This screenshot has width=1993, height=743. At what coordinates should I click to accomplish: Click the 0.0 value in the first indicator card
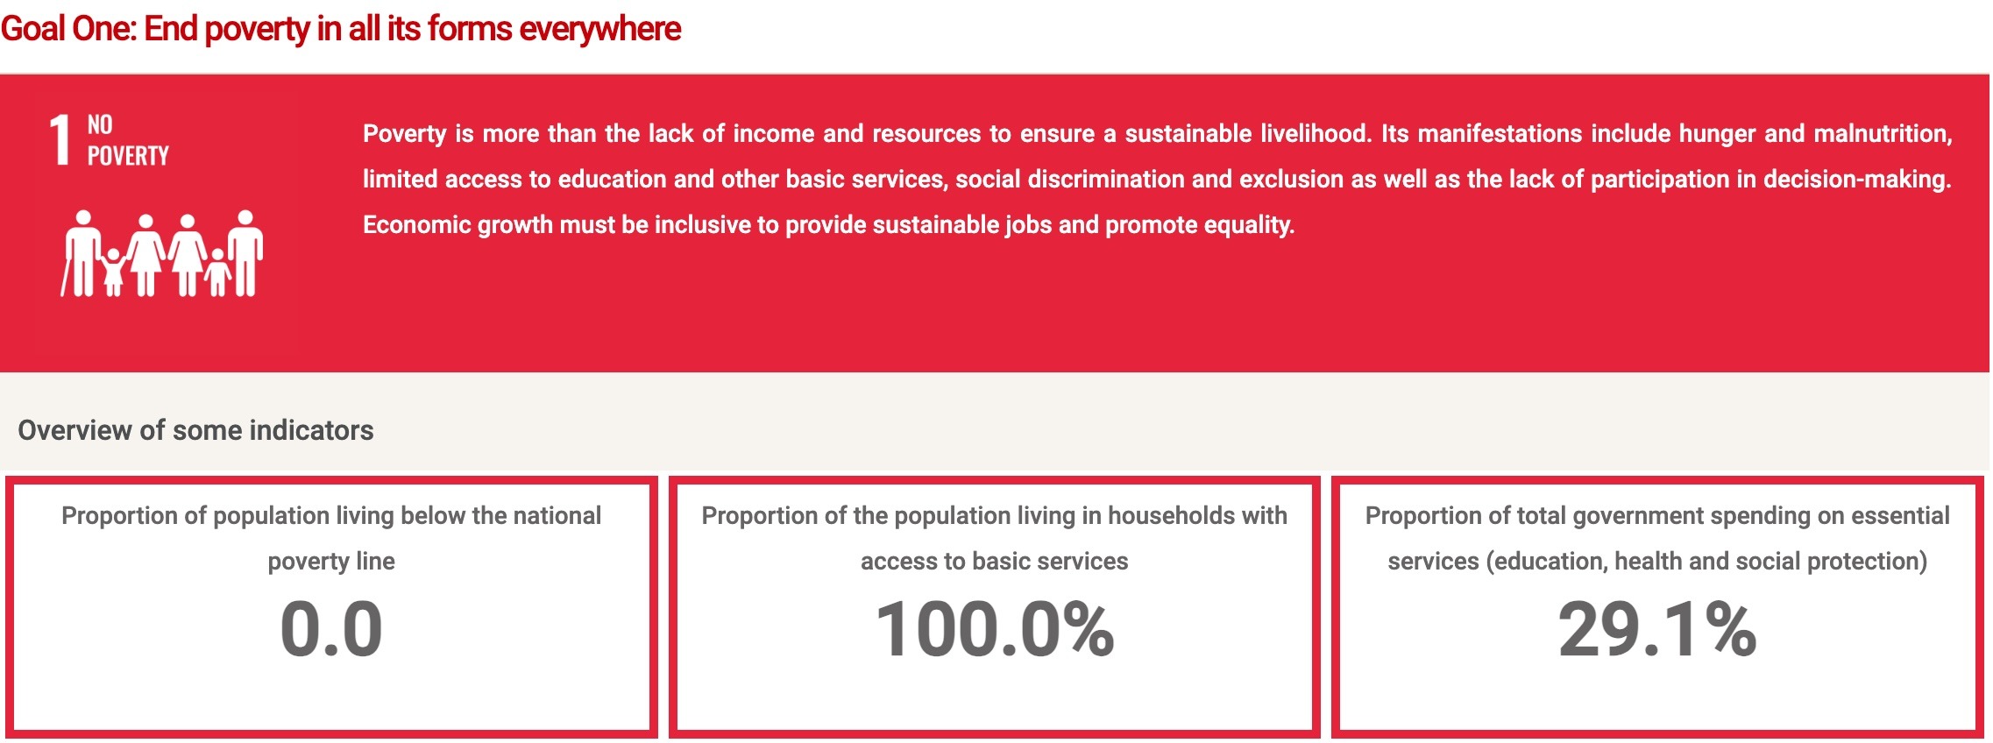331,628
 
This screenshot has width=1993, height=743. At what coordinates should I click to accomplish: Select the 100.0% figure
995,628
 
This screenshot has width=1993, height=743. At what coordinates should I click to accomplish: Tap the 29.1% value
1657,628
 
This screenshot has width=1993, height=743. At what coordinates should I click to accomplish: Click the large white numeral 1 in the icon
60,139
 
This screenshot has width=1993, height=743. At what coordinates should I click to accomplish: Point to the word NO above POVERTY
100,125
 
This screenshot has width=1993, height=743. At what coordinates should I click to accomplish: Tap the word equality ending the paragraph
1249,225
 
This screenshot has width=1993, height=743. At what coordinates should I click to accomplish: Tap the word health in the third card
1648,561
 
